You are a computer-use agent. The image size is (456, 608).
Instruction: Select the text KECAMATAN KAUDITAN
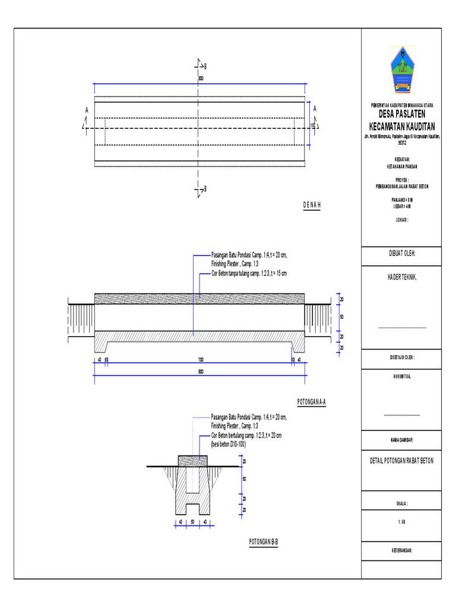tap(402, 126)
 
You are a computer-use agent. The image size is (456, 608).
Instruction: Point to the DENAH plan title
tap(312, 204)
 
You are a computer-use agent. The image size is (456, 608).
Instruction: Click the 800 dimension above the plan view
tap(200, 78)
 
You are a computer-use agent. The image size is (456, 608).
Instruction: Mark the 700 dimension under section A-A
tap(200, 360)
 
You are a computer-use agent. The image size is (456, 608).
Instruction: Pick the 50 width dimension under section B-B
tap(192, 522)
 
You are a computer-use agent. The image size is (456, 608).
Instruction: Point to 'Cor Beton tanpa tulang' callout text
tap(249, 274)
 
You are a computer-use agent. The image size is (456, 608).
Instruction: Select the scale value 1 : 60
tap(402, 522)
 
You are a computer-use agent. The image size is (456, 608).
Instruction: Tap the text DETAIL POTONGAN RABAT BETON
tap(402, 461)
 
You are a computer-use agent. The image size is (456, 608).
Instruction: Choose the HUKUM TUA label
tap(402, 375)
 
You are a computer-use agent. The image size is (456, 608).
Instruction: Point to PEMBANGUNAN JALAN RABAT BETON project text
tap(402, 186)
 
